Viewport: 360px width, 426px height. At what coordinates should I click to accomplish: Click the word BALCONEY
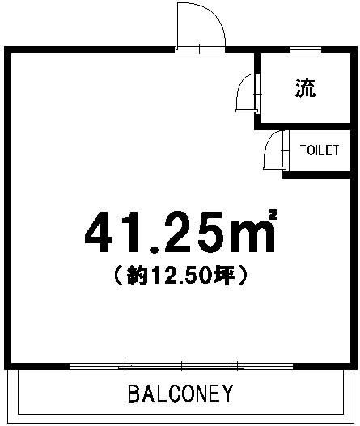coord(180,394)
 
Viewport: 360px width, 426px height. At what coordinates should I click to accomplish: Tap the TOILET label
coord(320,151)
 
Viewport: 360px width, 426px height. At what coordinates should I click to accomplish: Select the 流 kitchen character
coord(304,89)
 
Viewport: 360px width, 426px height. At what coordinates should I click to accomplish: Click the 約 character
coord(134,276)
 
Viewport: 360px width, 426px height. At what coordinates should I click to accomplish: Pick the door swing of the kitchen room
coord(244,94)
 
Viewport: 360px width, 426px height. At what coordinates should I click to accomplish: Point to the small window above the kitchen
coord(305,50)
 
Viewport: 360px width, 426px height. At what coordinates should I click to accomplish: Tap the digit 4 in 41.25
coord(102,232)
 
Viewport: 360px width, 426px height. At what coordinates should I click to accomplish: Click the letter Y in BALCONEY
coord(227,394)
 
